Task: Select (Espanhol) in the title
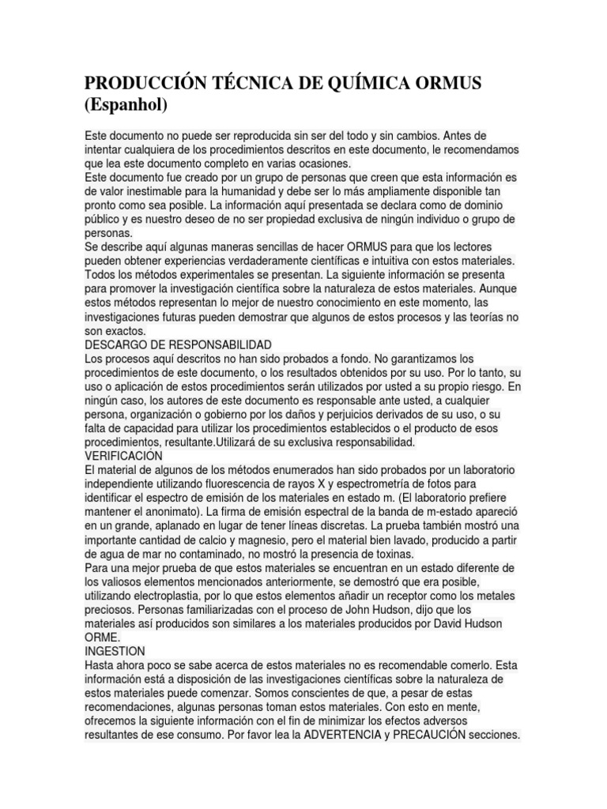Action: (x=126, y=105)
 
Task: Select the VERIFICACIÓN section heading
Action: (x=123, y=456)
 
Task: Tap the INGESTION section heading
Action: (x=115, y=651)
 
